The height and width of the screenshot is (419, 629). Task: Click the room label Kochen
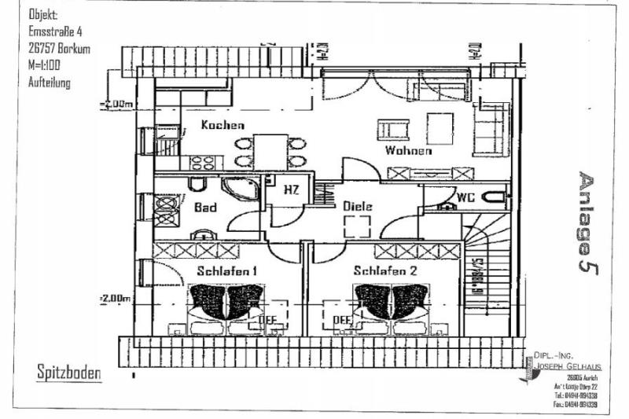click(x=223, y=125)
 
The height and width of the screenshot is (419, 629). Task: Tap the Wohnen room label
click(x=408, y=150)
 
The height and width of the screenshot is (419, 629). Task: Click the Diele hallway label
click(x=357, y=206)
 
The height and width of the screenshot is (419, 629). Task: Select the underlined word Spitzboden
click(x=69, y=372)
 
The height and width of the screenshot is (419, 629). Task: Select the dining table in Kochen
click(x=270, y=151)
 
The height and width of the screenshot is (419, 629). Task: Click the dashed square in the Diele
click(x=358, y=227)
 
